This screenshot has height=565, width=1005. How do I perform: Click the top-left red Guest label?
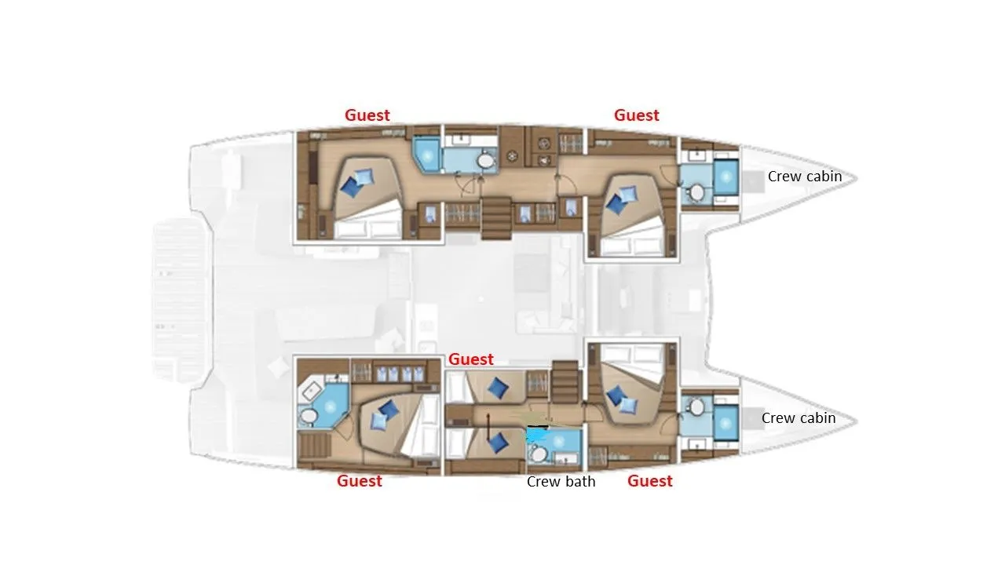pos(367,115)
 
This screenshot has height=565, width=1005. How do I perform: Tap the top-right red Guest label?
pos(636,115)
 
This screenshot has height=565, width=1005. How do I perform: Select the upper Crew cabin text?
pos(804,177)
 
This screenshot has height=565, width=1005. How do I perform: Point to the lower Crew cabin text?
pos(798,418)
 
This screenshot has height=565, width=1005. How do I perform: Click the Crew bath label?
pos(561,481)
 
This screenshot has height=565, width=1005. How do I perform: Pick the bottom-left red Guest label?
pos(359,481)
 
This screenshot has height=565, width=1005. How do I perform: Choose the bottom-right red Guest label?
pos(649,481)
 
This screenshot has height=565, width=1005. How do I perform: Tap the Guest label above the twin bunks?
pos(470,359)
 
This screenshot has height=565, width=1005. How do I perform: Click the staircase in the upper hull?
pos(496,217)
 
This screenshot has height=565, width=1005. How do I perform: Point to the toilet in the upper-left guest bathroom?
pos(486,162)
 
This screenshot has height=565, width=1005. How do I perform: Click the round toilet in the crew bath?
pos(539,453)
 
